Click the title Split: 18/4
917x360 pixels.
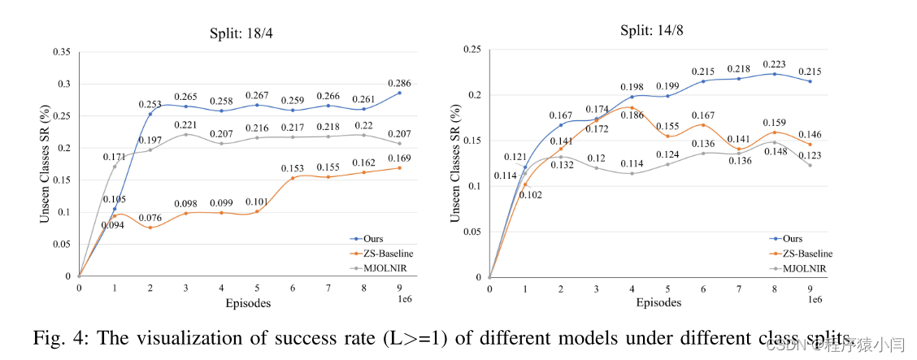point(239,33)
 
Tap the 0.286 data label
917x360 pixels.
point(399,83)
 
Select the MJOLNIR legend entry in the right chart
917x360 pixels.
point(804,267)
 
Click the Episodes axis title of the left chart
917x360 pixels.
point(248,303)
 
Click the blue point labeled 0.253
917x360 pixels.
point(150,114)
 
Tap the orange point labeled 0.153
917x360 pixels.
point(293,178)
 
